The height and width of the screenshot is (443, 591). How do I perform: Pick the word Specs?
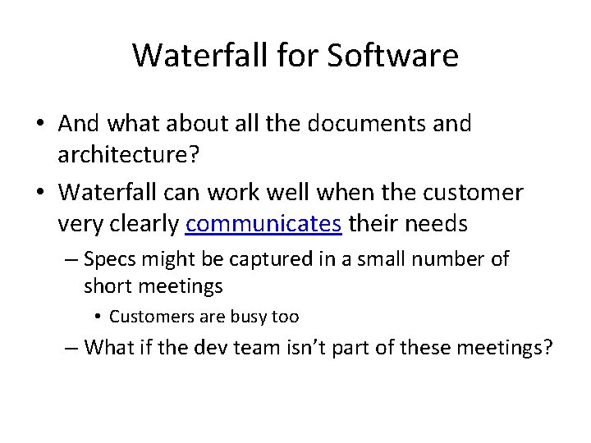(110, 260)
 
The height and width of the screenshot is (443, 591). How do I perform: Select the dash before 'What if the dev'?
(72, 349)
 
